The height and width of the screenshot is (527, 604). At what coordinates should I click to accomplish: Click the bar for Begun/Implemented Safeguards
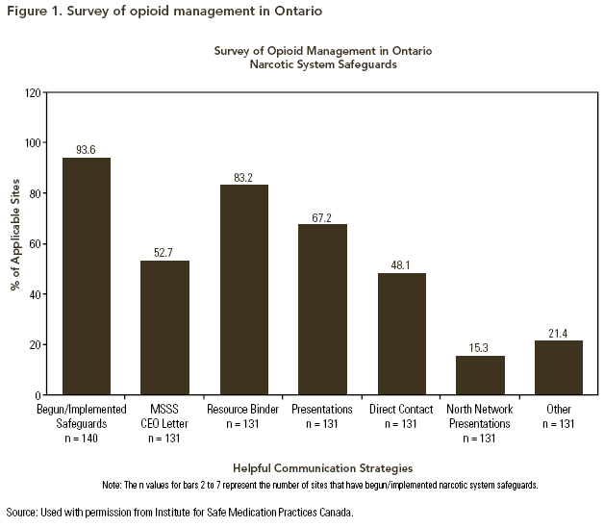tap(87, 276)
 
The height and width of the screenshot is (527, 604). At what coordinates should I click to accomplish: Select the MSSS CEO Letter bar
tap(164, 327)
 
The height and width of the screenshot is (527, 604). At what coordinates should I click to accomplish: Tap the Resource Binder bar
tap(243, 289)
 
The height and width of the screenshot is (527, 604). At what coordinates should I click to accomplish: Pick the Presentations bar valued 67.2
tap(322, 309)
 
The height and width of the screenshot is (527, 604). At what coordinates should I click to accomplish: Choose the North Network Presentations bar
tap(480, 375)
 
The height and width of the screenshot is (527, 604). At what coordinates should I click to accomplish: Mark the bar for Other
tap(559, 367)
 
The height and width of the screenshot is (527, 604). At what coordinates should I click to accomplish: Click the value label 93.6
tap(87, 149)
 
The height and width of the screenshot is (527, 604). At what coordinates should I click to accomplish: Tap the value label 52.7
tap(164, 253)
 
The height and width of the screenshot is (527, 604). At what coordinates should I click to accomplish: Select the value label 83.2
tap(243, 176)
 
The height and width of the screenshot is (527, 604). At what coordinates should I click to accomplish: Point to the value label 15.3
tap(480, 347)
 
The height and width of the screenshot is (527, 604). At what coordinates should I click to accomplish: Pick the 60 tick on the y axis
tap(36, 243)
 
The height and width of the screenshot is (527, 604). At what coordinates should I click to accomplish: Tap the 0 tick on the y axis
tap(38, 394)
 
